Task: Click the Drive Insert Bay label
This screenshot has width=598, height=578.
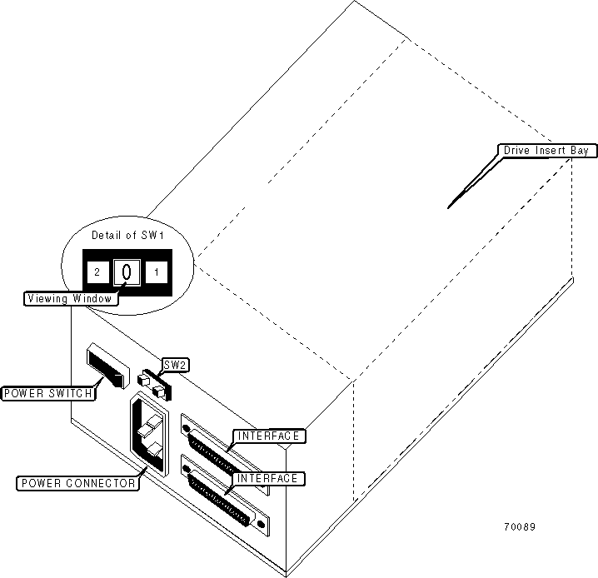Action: tap(545, 151)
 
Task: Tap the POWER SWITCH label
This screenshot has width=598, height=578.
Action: tap(47, 393)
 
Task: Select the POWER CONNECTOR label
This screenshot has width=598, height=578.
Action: tap(78, 483)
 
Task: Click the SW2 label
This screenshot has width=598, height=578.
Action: tap(174, 365)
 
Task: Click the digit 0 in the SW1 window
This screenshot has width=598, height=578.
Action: tap(126, 271)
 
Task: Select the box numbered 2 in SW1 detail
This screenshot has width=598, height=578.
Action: tap(97, 272)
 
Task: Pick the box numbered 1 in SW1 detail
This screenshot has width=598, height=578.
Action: tap(157, 272)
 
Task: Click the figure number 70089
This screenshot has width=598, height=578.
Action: tap(518, 526)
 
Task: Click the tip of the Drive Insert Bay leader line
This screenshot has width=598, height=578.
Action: tap(448, 207)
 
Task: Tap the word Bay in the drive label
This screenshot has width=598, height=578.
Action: tap(578, 151)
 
